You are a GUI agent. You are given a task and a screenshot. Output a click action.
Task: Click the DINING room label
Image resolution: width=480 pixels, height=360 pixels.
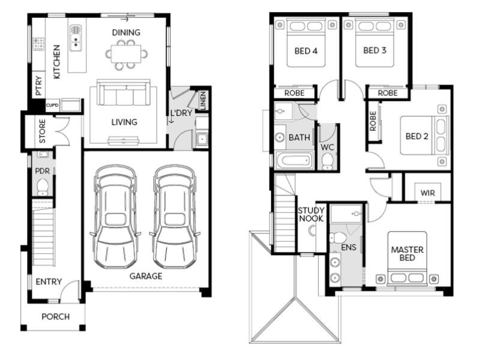[126, 32]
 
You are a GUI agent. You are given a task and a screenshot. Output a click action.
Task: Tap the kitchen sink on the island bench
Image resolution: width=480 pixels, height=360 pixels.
[76, 38]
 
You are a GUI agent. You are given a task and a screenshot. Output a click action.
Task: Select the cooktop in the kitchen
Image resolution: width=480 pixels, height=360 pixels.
[38, 44]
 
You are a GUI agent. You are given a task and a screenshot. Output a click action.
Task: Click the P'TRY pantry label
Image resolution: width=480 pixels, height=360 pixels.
[38, 85]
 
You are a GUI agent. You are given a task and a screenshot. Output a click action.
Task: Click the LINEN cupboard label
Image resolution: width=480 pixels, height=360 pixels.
[203, 100]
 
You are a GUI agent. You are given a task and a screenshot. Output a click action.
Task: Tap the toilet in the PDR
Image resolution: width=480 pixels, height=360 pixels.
[43, 187]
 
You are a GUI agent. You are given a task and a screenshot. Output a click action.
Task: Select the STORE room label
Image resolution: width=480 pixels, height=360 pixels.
[42, 131]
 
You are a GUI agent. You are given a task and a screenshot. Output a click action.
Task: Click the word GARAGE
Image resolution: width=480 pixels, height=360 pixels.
[146, 276]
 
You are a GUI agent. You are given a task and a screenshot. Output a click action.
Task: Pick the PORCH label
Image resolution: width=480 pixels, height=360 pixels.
[55, 317]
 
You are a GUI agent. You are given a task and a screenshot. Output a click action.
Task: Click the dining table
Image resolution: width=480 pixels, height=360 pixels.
[126, 54]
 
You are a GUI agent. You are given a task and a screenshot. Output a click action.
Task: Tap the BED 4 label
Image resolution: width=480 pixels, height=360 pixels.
[306, 51]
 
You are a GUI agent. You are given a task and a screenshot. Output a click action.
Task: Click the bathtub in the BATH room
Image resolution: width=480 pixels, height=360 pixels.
[294, 160]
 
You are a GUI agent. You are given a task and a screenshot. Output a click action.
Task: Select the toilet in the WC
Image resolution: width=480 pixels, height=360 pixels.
[327, 161]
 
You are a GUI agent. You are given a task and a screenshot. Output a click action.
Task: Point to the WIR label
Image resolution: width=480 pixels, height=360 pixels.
[428, 193]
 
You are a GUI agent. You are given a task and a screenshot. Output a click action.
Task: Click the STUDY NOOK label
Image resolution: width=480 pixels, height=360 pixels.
[311, 214]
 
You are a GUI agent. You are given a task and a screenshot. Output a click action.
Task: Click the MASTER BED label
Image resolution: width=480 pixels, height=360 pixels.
[407, 253]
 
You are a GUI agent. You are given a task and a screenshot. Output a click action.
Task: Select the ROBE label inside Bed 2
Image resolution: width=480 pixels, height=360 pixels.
[373, 121]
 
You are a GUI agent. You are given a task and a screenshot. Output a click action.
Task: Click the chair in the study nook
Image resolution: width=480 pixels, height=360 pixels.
[311, 230]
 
